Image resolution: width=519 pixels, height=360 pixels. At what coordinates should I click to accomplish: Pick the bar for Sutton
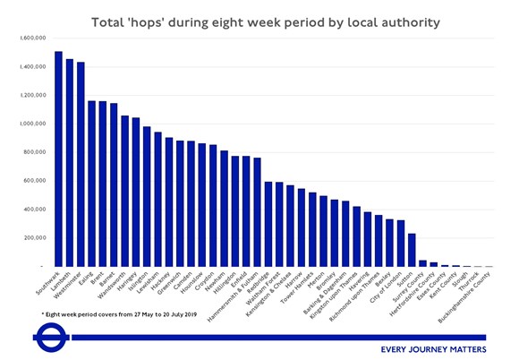pos(412,250)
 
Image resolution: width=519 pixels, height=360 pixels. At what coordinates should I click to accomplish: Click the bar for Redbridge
pos(268,224)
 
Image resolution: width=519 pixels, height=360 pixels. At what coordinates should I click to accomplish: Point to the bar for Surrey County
pos(422,263)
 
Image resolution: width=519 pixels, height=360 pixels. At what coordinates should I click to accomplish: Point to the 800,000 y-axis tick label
pos(34,152)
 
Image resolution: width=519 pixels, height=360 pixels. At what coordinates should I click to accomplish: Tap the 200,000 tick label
pos(34,237)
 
